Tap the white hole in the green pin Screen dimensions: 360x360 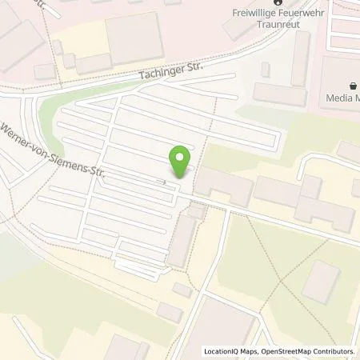point(182,156)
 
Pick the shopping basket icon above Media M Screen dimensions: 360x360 point(352,86)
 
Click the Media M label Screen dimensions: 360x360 point(342,98)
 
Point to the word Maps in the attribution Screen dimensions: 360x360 point(250,351)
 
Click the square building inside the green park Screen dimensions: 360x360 point(322,281)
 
